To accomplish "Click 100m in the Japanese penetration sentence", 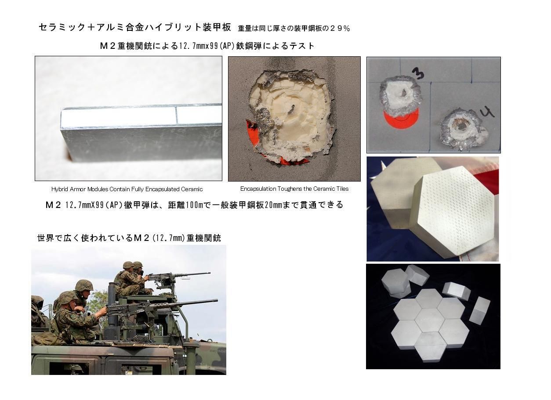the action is click(195, 205).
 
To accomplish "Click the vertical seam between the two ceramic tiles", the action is click(176, 115).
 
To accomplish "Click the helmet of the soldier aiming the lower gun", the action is click(67, 297).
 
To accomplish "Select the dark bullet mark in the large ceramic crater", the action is click(292, 108).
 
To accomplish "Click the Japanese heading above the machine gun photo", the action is click(129, 238).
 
